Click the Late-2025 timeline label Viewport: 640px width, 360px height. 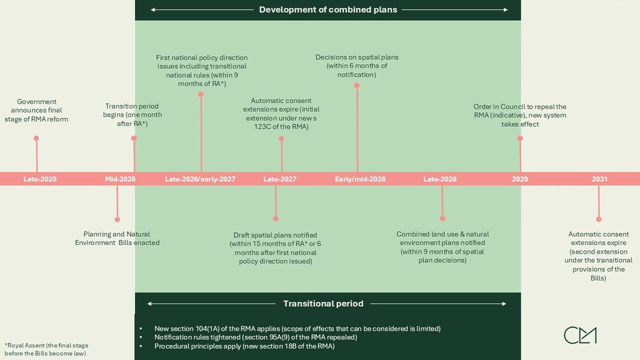[x=40, y=179]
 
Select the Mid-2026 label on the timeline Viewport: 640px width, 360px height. [x=120, y=179]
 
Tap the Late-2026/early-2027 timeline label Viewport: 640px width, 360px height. [x=200, y=179]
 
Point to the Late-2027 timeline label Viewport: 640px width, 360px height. [x=280, y=179]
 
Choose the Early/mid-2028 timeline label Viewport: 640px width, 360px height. [x=360, y=179]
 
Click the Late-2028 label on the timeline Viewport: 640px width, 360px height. [x=440, y=179]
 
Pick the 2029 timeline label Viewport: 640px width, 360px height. [x=520, y=179]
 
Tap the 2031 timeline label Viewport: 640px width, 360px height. [x=599, y=179]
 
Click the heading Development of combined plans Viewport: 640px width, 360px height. [x=328, y=10]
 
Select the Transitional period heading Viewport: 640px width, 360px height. [x=323, y=304]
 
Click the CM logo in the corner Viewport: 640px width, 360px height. [x=580, y=335]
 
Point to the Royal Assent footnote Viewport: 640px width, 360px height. [x=46, y=349]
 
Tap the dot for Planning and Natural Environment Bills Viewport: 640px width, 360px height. [x=117, y=219]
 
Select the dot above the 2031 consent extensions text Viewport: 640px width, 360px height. [x=599, y=219]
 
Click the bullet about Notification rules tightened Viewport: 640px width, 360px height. [x=256, y=337]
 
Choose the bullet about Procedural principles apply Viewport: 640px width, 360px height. [x=244, y=346]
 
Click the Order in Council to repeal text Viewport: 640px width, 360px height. [x=520, y=116]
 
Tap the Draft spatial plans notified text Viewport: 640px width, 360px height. [x=275, y=248]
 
